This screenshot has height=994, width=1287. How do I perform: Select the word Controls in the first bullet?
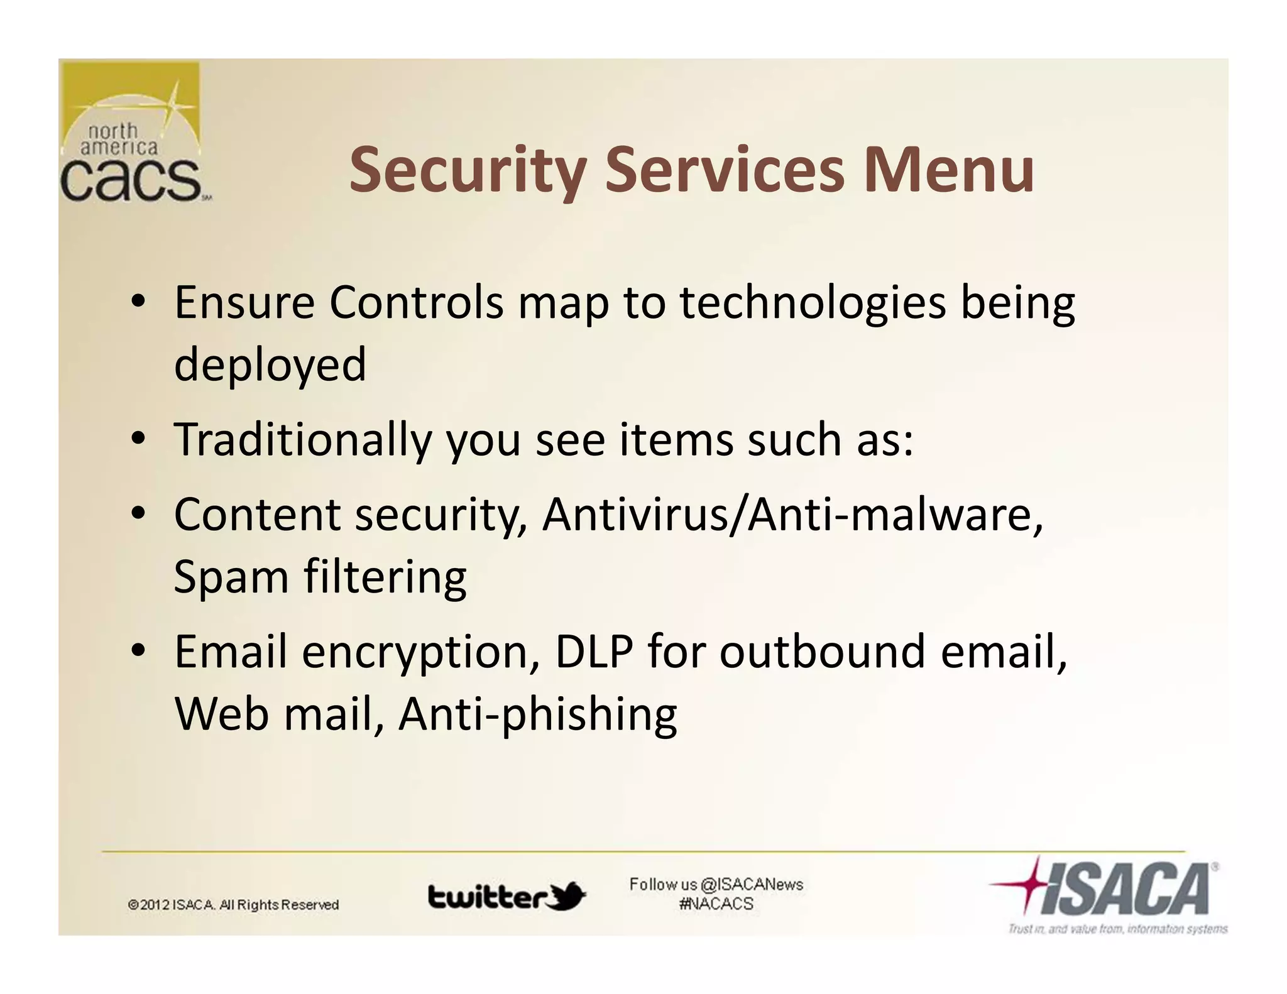pos(416,303)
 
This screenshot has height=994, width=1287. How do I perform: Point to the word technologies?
pos(813,304)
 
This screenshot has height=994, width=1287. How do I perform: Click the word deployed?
pos(270,364)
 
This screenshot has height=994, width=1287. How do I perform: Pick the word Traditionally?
pos(303,440)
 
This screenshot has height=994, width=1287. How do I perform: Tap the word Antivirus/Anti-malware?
pos(792,515)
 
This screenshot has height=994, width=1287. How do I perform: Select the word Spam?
pos(231,577)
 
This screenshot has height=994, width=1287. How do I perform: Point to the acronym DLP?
pos(594,652)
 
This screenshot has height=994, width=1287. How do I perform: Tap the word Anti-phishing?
pos(538,715)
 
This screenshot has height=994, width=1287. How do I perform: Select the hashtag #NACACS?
pos(716,904)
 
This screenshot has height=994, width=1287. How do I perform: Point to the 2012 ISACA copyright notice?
pos(233,905)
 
